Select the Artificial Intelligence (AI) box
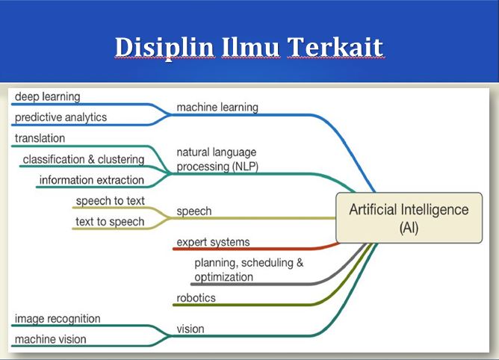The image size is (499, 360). click(x=409, y=218)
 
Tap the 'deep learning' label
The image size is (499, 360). click(x=47, y=96)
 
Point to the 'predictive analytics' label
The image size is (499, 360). click(x=61, y=117)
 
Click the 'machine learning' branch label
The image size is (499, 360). click(x=217, y=108)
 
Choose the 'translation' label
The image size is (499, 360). click(x=40, y=138)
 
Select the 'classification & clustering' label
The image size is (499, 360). click(x=83, y=159)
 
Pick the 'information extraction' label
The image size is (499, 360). click(x=91, y=180)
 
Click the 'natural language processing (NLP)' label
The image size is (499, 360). click(x=217, y=160)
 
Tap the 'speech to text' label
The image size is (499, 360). click(x=110, y=201)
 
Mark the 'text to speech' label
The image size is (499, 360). click(x=110, y=222)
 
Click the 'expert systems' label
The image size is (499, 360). click(x=213, y=242)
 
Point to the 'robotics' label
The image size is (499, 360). click(x=196, y=298)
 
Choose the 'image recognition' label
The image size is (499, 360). click(x=57, y=319)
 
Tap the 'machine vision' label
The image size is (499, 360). click(x=50, y=339)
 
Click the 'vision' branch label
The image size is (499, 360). click(x=190, y=329)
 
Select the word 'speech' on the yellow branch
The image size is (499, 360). click(x=193, y=211)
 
